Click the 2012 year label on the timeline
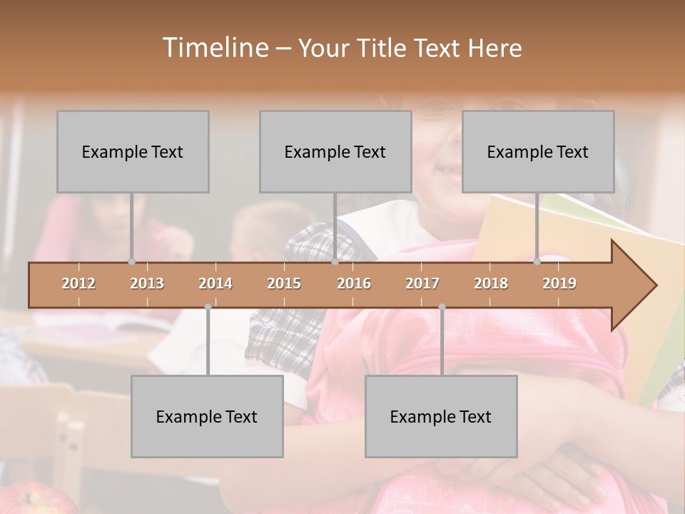78,283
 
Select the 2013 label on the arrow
147,283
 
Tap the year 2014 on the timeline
215,283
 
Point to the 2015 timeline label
284,283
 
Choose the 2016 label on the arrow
354,283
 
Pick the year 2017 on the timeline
422,283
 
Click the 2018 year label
491,283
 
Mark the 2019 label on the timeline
559,283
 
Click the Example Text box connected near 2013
133,151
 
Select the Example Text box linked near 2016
335,151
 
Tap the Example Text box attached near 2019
538,151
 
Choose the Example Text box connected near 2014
207,416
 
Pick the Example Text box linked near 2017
441,416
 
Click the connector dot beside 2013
131,261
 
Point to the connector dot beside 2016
335,261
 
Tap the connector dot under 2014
208,307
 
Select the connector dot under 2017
442,307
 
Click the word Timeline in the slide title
214,48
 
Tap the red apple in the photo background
29,499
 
